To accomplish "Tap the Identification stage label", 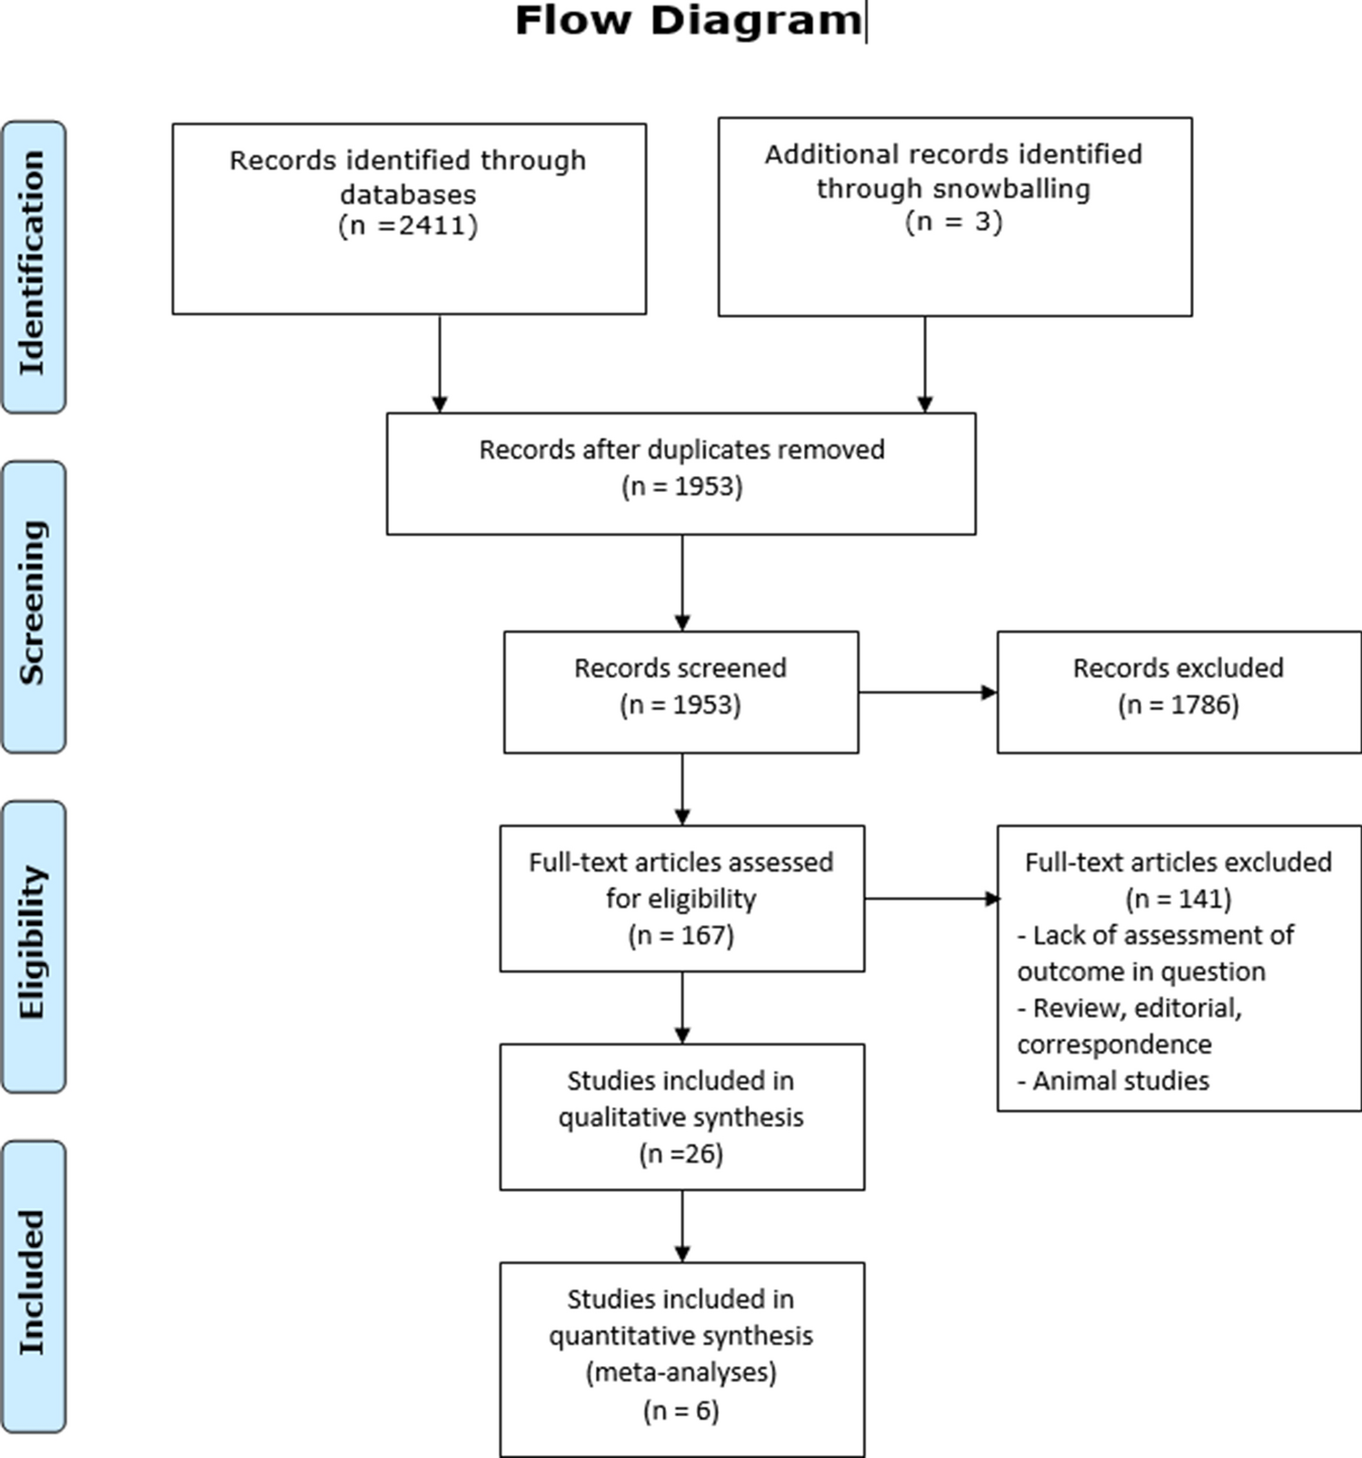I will pyautogui.click(x=33, y=264).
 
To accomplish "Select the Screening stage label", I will pyautogui.click(x=33, y=604).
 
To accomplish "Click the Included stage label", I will pyautogui.click(x=33, y=1283).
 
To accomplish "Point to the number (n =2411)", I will pyautogui.click(x=408, y=225).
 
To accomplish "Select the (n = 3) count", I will pyautogui.click(x=953, y=222).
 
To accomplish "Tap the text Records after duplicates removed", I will pyautogui.click(x=681, y=450).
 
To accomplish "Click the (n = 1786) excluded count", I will pyautogui.click(x=1178, y=705).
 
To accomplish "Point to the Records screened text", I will pyautogui.click(x=680, y=668).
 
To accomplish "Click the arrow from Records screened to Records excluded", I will pyautogui.click(x=927, y=693).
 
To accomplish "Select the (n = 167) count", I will pyautogui.click(x=681, y=935).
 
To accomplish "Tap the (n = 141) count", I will pyautogui.click(x=1178, y=899).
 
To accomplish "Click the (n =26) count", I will pyautogui.click(x=681, y=1154).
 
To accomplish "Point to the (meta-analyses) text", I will pyautogui.click(x=681, y=1372).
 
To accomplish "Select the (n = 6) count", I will pyautogui.click(x=681, y=1411).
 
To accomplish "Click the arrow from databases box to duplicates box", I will pyautogui.click(x=440, y=364).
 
